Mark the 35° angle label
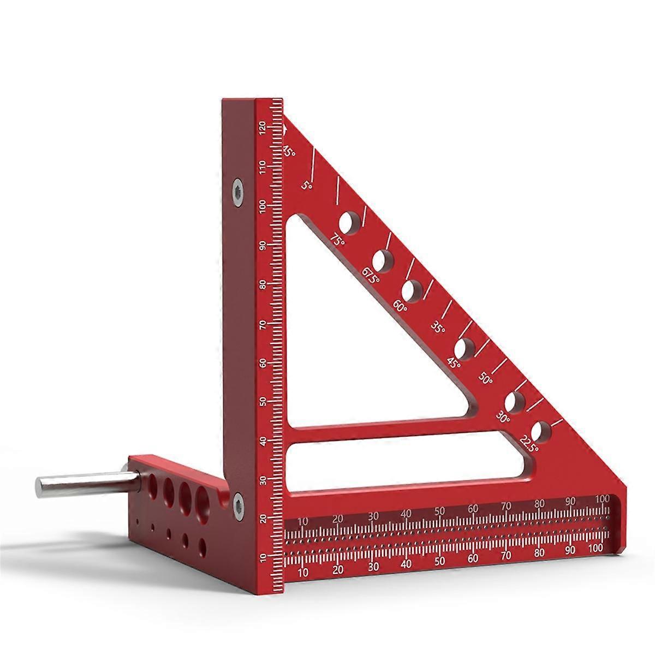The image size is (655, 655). (438, 327)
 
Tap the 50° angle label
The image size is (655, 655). (486, 378)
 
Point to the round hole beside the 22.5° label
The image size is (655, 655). (541, 431)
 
